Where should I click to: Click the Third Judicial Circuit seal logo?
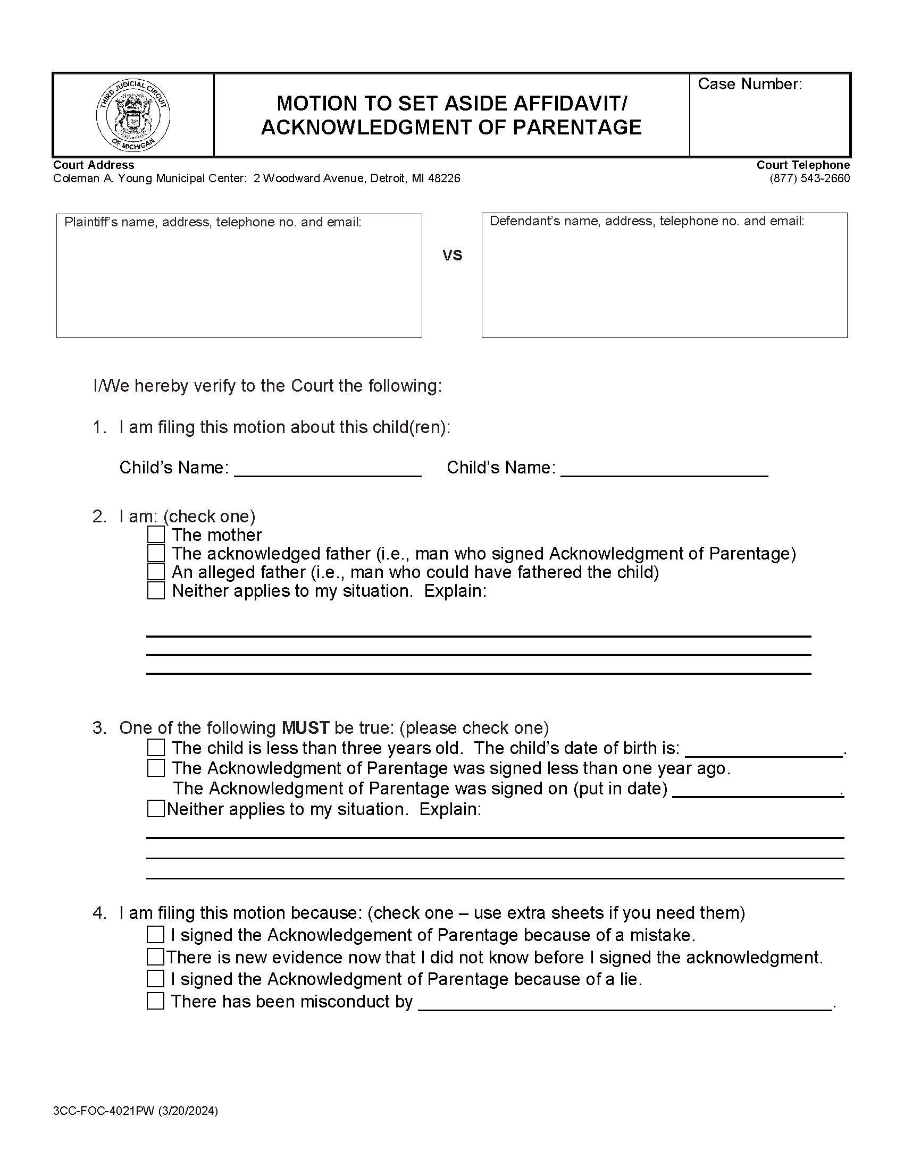(x=133, y=115)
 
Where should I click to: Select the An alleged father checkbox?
(x=156, y=572)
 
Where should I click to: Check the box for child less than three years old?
(x=156, y=747)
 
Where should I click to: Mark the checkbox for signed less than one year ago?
(x=156, y=768)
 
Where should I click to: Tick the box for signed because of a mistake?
(x=155, y=935)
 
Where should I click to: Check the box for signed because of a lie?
(x=155, y=978)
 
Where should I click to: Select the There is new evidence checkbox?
(x=155, y=956)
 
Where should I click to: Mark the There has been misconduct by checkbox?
(x=155, y=1001)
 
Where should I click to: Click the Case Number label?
(x=749, y=84)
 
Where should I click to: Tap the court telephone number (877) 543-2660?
(x=809, y=179)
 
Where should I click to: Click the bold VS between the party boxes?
(x=452, y=255)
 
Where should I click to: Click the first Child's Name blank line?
(x=328, y=469)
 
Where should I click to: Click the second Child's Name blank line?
(x=664, y=469)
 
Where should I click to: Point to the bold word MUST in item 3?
(x=305, y=728)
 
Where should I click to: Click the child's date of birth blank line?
(x=764, y=749)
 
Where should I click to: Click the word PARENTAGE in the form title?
(x=577, y=128)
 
